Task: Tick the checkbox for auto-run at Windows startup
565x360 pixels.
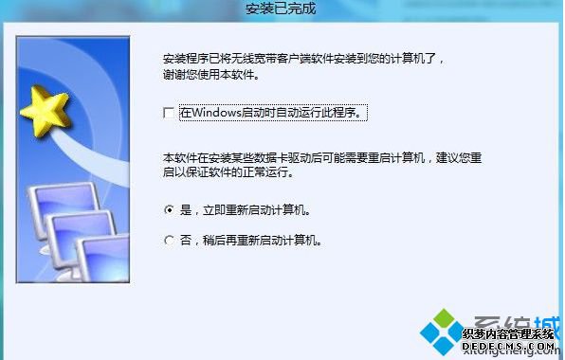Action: point(169,113)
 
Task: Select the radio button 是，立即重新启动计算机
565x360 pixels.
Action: point(169,209)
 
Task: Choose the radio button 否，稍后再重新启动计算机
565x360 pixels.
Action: point(169,241)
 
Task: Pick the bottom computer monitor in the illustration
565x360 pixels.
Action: point(100,257)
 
